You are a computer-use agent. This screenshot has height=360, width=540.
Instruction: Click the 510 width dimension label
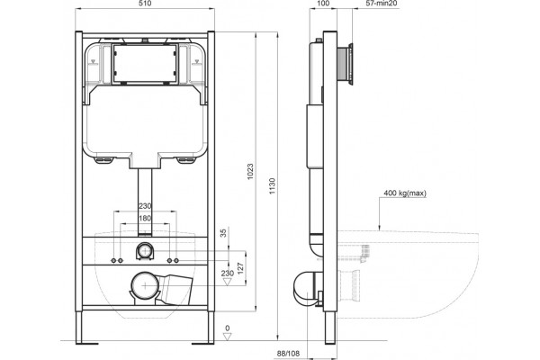coord(145,4)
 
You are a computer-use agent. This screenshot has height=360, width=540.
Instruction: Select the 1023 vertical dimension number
coord(250,171)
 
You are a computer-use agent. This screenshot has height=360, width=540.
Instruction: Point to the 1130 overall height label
coord(273,186)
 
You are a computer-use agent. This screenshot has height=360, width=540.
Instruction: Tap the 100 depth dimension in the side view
coord(323,4)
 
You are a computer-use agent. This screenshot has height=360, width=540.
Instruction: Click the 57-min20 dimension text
coord(382,4)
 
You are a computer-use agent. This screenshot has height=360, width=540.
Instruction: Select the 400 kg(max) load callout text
coord(405,193)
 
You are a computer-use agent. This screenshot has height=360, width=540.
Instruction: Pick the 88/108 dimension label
coord(288,354)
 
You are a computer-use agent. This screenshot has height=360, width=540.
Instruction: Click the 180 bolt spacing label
coord(145,218)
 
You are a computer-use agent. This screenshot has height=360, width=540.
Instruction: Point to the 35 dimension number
coord(223,233)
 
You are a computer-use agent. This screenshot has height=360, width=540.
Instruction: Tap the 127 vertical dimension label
coord(240,268)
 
